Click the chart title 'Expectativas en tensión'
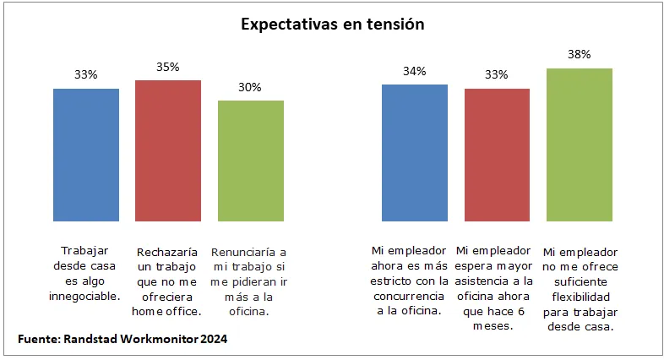332,25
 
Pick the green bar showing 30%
251,161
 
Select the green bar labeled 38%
579,145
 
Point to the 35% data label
168,67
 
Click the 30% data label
250,87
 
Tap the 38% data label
579,54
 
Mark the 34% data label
414,71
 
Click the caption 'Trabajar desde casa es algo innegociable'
86,273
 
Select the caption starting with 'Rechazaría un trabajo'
168,281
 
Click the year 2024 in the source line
212,339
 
